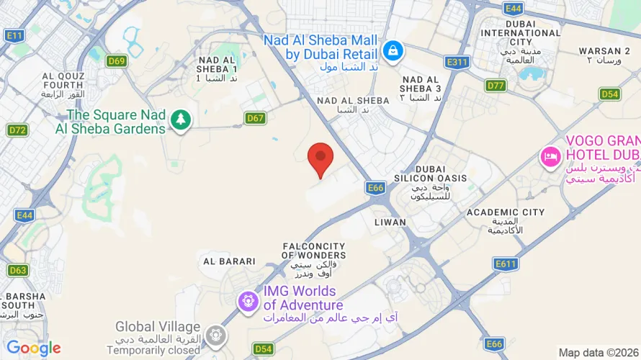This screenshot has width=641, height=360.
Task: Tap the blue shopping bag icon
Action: pyautogui.click(x=393, y=50)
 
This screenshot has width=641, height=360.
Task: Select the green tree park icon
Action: pyautogui.click(x=180, y=121)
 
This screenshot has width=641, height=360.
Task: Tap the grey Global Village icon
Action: pyautogui.click(x=215, y=335)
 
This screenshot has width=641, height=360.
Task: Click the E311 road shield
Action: pyautogui.click(x=457, y=63)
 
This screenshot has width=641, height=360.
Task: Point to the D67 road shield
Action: pyautogui.click(x=255, y=118)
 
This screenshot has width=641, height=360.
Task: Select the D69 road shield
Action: pyautogui.click(x=117, y=61)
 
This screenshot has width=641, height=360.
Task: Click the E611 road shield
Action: pyautogui.click(x=506, y=264)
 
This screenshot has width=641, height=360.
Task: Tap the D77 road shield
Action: pyautogui.click(x=496, y=86)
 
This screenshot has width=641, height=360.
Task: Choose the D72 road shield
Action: pyautogui.click(x=17, y=130)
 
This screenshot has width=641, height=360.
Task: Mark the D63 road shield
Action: pyautogui.click(x=18, y=271)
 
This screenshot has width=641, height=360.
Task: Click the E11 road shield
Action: pyautogui.click(x=14, y=35)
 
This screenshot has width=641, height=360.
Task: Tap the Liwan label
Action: pyautogui.click(x=390, y=222)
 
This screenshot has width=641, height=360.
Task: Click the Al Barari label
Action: pyautogui.click(x=229, y=261)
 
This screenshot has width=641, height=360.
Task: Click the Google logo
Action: pyautogui.click(x=34, y=348)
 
